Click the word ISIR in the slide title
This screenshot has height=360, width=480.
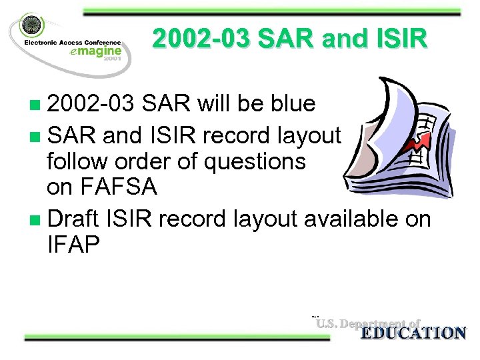[x=397, y=40]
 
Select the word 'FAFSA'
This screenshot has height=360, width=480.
[x=102, y=187]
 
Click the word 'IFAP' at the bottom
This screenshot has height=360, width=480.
[x=73, y=245]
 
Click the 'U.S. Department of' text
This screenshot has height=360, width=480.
[x=368, y=324]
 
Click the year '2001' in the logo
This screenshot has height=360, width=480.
[x=112, y=61]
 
